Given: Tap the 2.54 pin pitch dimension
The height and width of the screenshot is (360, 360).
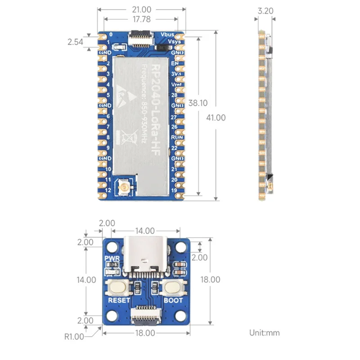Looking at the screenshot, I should point(76,42).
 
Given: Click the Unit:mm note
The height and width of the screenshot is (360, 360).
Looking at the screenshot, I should point(265,333).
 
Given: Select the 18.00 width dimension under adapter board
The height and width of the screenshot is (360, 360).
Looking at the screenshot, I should point(145,333).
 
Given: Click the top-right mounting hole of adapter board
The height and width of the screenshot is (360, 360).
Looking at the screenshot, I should point(181,247).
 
